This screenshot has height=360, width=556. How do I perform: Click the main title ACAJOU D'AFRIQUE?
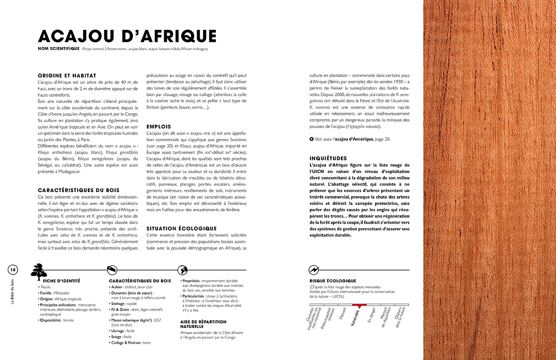tap(127, 36)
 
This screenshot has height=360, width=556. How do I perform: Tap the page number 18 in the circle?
tap(13, 270)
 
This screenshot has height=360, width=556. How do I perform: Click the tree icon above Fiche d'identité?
tap(39, 271)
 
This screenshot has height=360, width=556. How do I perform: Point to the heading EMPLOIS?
tap(159, 127)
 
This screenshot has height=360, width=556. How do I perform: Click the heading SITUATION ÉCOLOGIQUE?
tap(181, 228)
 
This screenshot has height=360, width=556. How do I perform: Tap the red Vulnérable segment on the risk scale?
tap(359, 305)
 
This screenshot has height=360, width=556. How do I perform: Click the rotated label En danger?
tap(372, 315)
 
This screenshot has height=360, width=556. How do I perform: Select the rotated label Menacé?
tap(342, 313)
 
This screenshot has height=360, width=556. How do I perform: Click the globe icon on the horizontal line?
tap(182, 270)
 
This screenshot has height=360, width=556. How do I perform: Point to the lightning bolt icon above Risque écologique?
tap(314, 270)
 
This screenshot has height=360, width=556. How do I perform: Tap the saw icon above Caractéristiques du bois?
tap(112, 270)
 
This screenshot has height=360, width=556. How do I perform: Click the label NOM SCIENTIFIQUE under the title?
tap(59, 49)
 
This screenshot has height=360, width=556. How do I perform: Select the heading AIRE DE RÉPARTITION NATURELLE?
tap(203, 324)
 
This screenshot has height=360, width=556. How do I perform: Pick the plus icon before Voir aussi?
tap(312, 139)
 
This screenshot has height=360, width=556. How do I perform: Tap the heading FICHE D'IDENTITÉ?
tap(62, 281)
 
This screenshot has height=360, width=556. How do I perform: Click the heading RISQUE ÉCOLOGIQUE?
tap(333, 281)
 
